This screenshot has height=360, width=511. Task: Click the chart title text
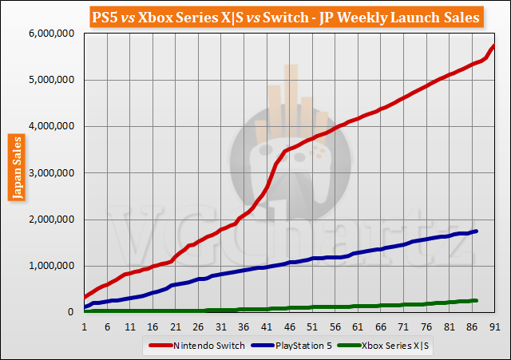point(255,16)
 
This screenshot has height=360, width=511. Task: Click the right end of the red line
point(494,45)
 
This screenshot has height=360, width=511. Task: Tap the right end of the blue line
point(477,231)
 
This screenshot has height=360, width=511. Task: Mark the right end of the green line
point(477,300)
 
